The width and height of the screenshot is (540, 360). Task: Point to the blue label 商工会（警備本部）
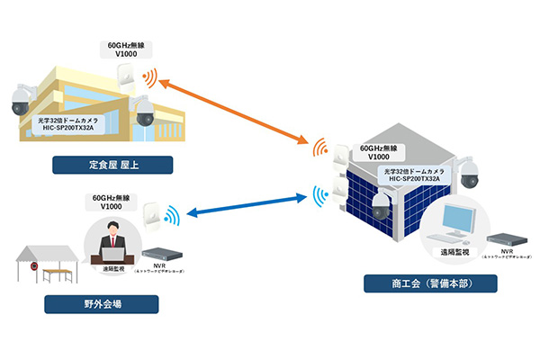(x=431, y=284)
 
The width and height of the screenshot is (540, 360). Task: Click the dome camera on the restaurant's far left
(x=21, y=101)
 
